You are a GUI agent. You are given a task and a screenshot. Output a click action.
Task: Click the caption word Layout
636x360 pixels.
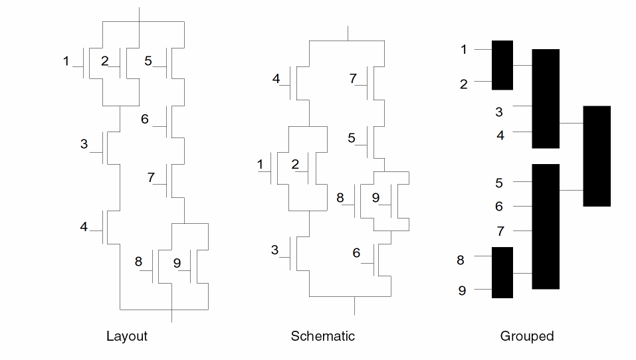(x=126, y=336)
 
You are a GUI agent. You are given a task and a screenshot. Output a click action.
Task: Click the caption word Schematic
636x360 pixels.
(x=322, y=336)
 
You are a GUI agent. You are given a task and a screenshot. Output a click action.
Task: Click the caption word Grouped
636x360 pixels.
(x=526, y=336)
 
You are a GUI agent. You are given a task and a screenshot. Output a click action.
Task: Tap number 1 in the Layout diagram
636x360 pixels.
(x=66, y=62)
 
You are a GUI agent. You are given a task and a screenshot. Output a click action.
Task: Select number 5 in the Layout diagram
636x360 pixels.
(x=148, y=61)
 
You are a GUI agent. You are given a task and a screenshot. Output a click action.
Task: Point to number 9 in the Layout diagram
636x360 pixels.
(x=177, y=263)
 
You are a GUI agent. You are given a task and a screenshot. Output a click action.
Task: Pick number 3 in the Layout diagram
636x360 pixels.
(x=84, y=144)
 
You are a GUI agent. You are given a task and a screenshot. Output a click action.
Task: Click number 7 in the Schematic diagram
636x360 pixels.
(x=353, y=79)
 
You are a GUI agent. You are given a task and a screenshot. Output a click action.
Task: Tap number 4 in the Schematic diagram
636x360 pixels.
(x=276, y=80)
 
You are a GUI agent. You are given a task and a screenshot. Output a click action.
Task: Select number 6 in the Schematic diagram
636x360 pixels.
(x=356, y=253)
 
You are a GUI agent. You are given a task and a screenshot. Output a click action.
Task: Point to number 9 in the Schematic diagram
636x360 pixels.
(x=375, y=198)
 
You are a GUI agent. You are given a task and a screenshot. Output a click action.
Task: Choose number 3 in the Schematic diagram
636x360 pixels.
(x=274, y=250)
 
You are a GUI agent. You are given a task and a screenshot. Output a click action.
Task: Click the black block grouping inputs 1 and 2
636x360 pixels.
(x=502, y=65)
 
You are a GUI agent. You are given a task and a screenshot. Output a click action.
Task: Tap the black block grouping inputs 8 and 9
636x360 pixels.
(x=502, y=272)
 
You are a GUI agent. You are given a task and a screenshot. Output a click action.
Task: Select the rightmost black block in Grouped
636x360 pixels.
(x=597, y=156)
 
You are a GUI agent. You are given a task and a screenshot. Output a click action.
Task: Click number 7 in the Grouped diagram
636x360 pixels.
(x=500, y=232)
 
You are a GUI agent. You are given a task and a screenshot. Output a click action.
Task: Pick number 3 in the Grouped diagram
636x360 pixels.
(x=499, y=112)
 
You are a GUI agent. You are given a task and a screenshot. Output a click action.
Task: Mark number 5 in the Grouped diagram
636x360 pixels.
(x=499, y=183)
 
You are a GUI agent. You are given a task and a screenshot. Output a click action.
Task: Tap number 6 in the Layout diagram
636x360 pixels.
(x=144, y=120)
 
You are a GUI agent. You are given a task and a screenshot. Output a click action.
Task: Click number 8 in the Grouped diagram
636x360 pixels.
(x=461, y=260)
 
